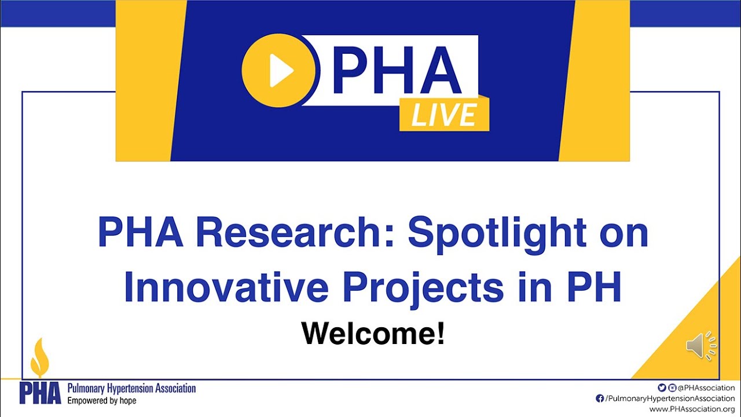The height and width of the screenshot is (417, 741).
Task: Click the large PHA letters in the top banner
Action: pyautogui.click(x=397, y=71)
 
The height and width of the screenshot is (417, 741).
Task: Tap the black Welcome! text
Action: pyautogui.click(x=373, y=334)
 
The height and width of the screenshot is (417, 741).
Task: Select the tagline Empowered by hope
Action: pyautogui.click(x=102, y=401)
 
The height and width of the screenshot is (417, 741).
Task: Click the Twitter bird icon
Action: pyautogui.click(x=662, y=387)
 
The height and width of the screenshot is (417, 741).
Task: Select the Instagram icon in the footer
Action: pyautogui.click(x=672, y=387)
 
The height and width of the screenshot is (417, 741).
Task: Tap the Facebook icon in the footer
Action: pyautogui.click(x=600, y=398)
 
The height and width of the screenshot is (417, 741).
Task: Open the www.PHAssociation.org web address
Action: pyautogui.click(x=692, y=409)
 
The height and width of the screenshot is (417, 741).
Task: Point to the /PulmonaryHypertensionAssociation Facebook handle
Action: pyautogui.click(x=670, y=398)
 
